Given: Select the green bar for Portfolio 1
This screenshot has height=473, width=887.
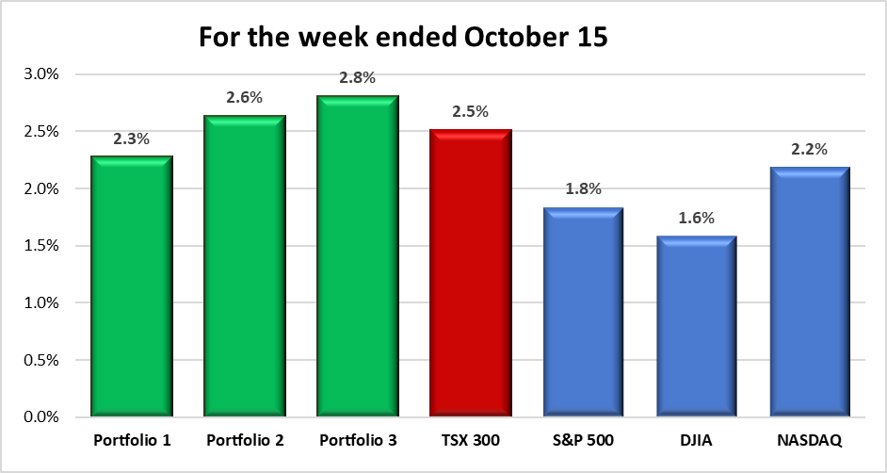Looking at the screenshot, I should click(132, 287).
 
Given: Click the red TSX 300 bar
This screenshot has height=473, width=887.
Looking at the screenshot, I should click(471, 273).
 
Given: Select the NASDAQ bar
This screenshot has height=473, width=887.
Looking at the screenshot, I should click(811, 292).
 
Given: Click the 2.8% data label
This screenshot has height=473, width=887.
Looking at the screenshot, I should click(358, 78).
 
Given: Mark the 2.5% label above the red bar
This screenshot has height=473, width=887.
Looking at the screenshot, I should click(471, 111).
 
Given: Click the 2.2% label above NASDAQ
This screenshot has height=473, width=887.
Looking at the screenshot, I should click(811, 149).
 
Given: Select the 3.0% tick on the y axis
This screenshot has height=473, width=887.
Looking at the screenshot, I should click(42, 74).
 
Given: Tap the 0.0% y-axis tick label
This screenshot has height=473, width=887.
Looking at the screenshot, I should click(42, 417).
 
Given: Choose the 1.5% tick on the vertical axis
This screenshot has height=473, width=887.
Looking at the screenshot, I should click(42, 246).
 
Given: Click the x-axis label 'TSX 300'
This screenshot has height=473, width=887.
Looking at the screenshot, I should click(471, 440).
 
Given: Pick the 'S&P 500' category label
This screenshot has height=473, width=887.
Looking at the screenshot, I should click(584, 440).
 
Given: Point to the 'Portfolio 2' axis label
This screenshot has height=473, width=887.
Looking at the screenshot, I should click(245, 440).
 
